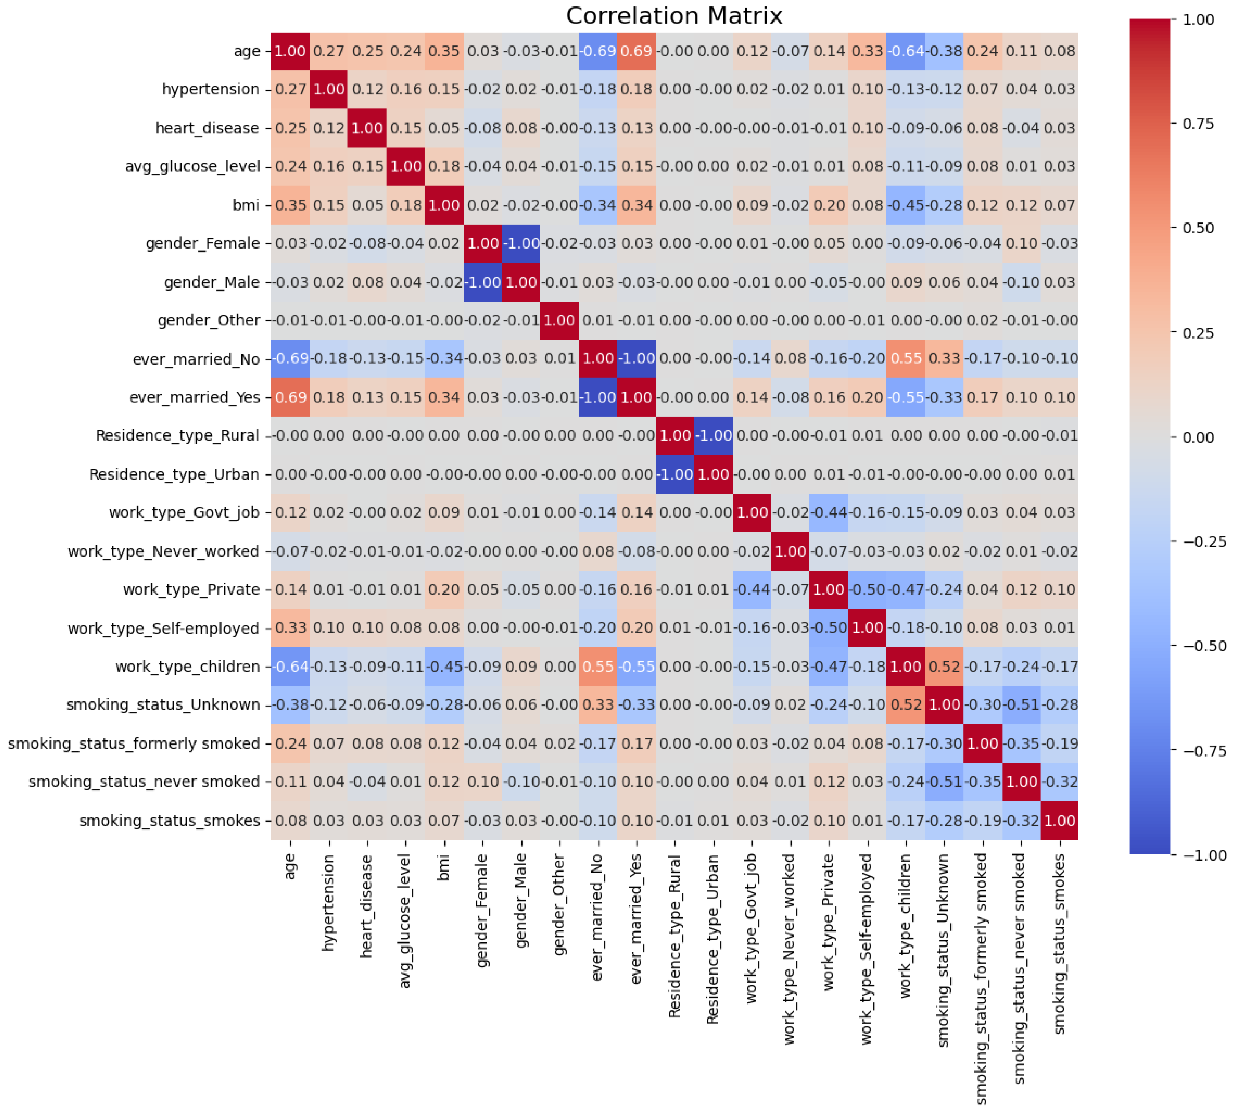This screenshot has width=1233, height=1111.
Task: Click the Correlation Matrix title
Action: pos(674,16)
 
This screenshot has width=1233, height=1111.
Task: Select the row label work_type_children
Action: pos(188,667)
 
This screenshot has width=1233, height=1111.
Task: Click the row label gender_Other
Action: pos(209,321)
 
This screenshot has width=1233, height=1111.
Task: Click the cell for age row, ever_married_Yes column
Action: pos(637,51)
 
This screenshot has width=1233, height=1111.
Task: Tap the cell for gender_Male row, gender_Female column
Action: pos(482,282)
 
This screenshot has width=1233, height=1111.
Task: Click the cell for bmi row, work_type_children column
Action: pos(906,205)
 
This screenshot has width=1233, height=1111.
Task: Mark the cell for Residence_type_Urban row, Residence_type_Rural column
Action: pos(675,474)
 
